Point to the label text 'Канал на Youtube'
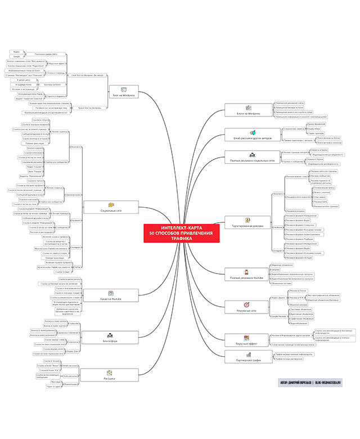click(111, 298)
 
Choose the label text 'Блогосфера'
click(111, 341)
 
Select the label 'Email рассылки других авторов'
click(248, 137)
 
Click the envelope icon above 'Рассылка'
click(111, 373)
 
